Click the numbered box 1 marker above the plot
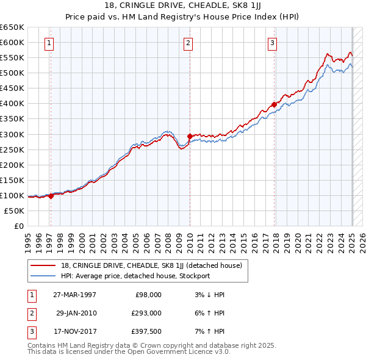click(48, 43)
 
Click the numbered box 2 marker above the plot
click(188, 43)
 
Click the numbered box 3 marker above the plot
click(272, 43)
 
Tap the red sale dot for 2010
click(190, 136)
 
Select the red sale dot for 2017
click(274, 104)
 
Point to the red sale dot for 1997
click(51, 196)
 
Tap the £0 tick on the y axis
click(19, 226)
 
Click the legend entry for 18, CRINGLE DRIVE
click(152, 265)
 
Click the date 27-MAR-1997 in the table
click(75, 295)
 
